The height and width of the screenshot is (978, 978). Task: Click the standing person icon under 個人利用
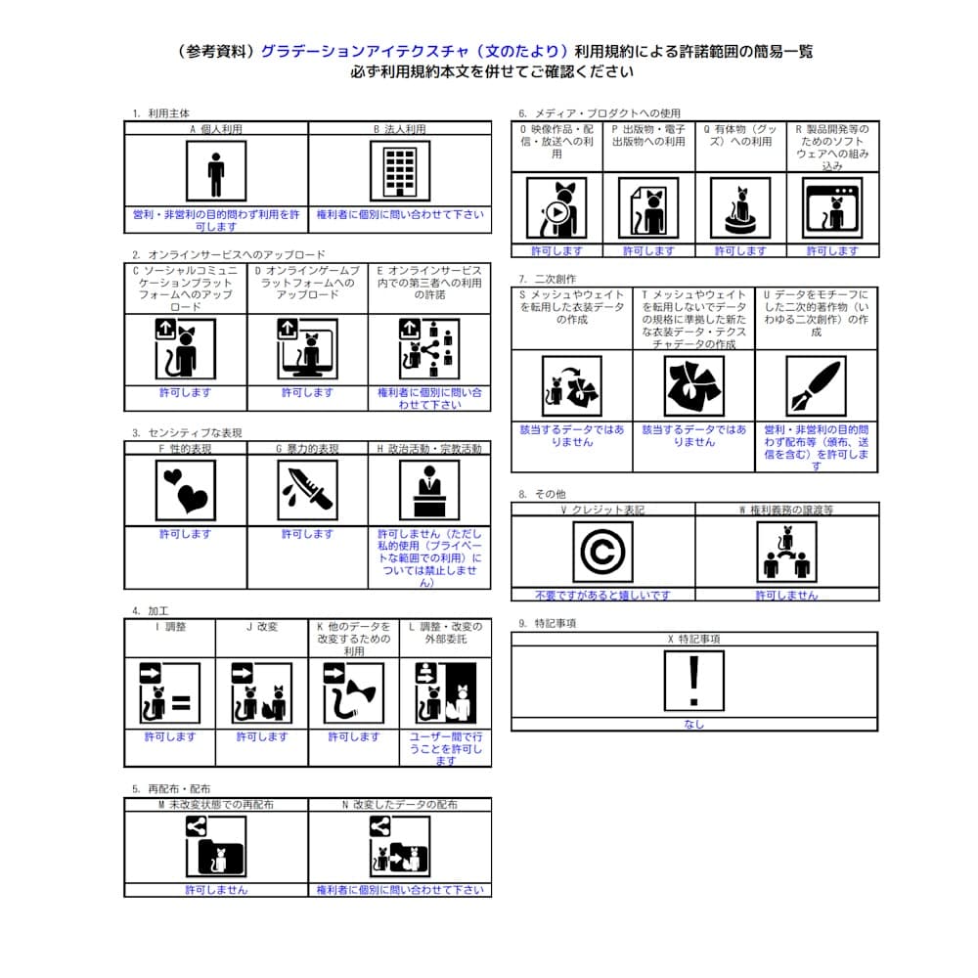point(216,171)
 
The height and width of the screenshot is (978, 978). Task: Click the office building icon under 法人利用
point(399,171)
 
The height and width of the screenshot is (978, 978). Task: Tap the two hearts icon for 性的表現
point(186,489)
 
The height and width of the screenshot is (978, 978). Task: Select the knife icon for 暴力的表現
point(307,489)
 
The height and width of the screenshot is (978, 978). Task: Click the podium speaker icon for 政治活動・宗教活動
point(428,489)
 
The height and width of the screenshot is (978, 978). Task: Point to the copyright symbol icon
point(602,553)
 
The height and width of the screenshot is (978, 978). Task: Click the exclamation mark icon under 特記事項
point(694,681)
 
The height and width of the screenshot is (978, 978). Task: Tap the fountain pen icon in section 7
point(817,386)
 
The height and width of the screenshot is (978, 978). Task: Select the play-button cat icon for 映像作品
point(556,208)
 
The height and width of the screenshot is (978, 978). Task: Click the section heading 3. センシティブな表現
point(187,432)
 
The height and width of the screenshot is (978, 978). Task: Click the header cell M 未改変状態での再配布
point(216,805)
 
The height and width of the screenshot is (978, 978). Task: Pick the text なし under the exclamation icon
point(694,725)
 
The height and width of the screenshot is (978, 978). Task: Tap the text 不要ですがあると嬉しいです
point(602,595)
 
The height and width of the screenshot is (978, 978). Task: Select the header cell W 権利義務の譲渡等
point(786,510)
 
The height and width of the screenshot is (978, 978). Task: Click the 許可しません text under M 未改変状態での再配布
point(216,890)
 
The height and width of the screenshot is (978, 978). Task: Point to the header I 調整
point(170,627)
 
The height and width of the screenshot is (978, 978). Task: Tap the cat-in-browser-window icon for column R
point(832,208)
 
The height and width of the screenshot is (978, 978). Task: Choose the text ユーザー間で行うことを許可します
point(445,748)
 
